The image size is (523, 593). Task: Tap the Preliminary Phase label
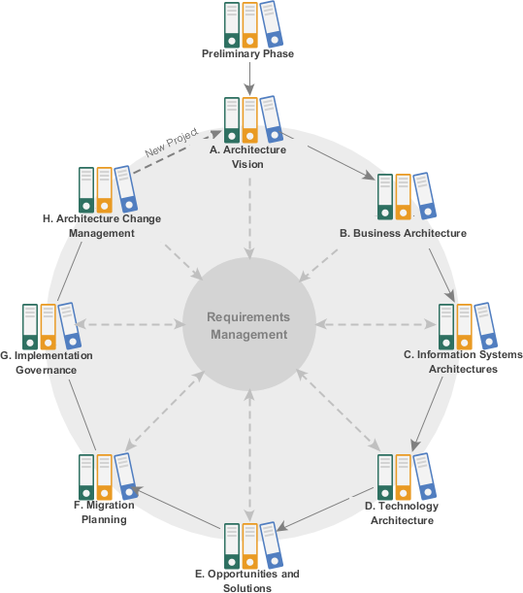click(248, 54)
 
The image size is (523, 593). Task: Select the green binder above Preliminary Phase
click(231, 24)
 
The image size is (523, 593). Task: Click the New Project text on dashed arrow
click(171, 142)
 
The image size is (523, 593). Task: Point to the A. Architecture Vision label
click(248, 156)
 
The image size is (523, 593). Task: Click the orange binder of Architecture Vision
click(249, 119)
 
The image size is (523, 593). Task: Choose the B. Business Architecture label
click(403, 234)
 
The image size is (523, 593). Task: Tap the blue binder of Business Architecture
click(424, 196)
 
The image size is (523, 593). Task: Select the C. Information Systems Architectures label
click(463, 361)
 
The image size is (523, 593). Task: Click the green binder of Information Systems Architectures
click(446, 327)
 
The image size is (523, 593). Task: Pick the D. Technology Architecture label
click(403, 512)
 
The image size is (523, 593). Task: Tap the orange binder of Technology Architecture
click(404, 476)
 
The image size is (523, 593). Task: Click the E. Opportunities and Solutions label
click(247, 580)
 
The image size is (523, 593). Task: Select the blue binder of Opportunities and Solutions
click(271, 544)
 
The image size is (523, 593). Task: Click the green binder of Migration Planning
click(85, 476)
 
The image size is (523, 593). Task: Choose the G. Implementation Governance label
click(47, 361)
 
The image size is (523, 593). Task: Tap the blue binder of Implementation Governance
click(67, 326)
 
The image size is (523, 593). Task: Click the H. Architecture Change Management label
click(102, 225)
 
